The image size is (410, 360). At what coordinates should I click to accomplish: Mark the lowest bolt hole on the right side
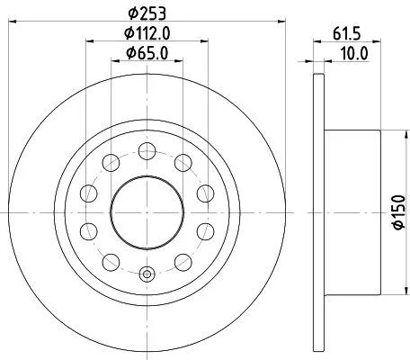[x=182, y=262]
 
